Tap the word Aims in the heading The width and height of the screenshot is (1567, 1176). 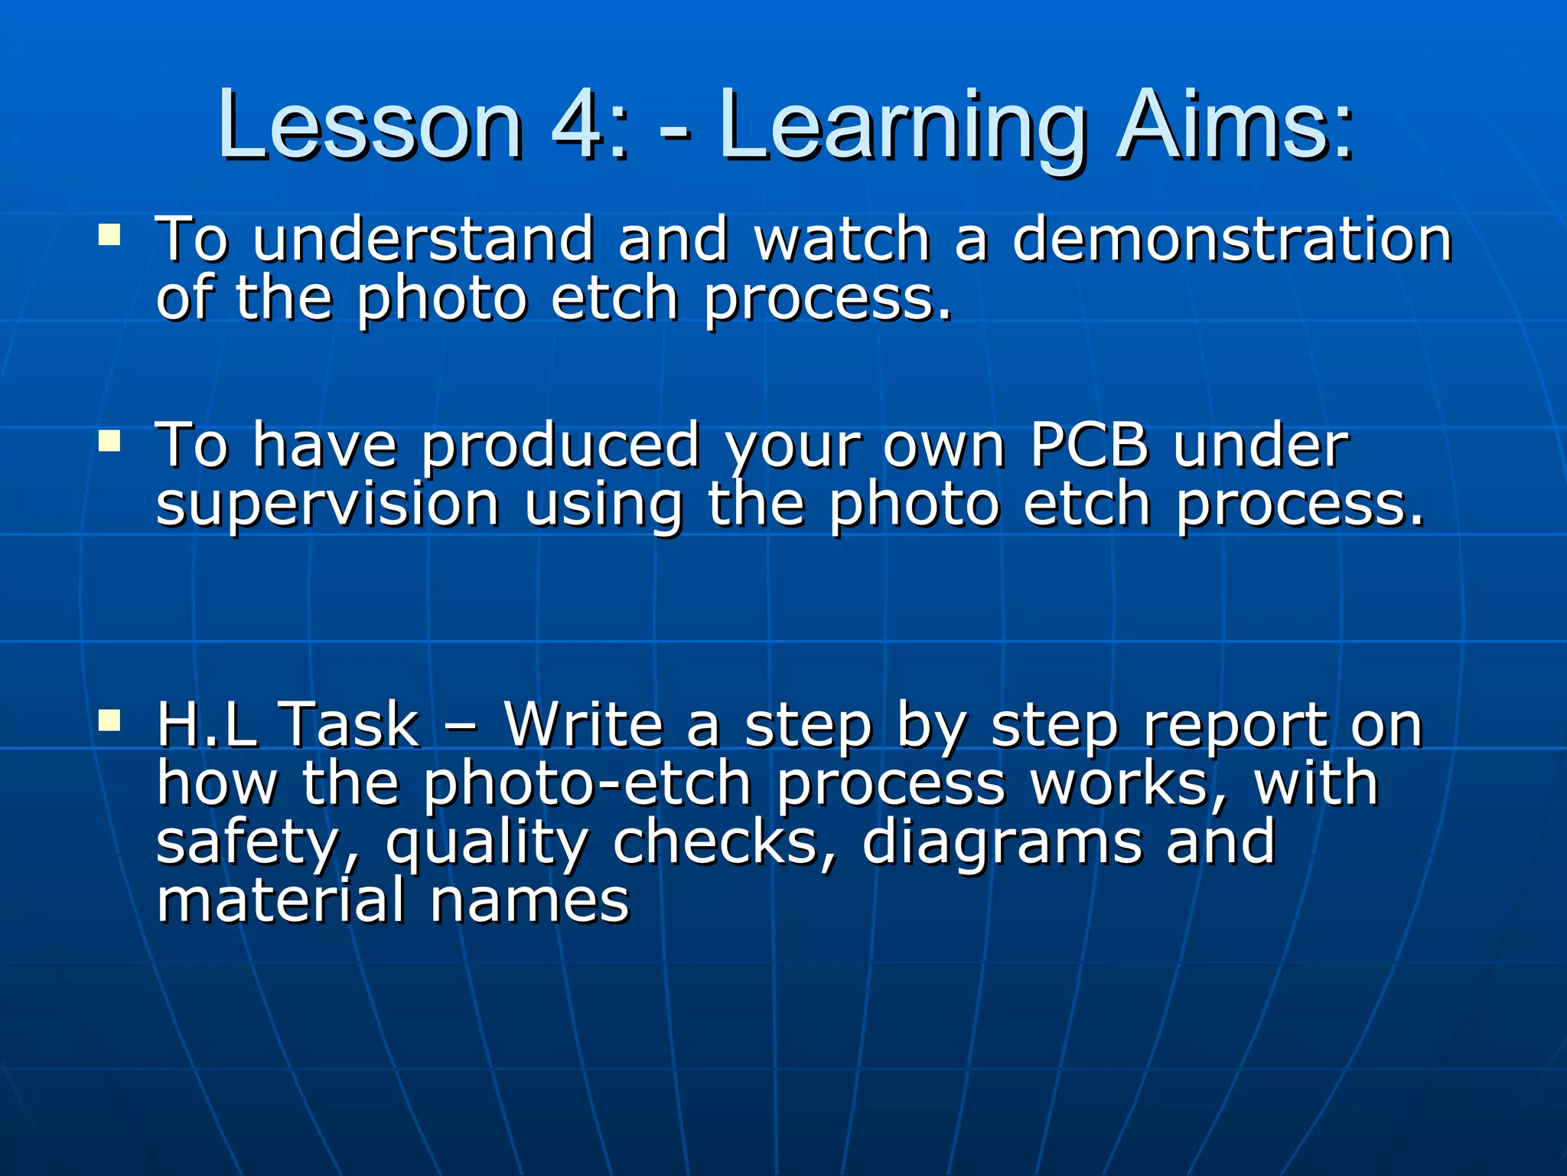click(x=1233, y=124)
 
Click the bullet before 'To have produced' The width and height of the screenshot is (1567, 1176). click(x=109, y=440)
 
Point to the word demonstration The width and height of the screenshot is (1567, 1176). click(x=1232, y=239)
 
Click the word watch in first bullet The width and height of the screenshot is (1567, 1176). click(x=842, y=239)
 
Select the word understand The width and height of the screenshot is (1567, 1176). click(x=422, y=239)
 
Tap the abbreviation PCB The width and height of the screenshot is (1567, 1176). click(x=1089, y=445)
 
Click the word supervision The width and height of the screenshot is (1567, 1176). click(x=327, y=505)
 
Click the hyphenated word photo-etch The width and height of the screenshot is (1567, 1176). click(x=588, y=785)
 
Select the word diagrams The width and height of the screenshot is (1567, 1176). click(x=1002, y=844)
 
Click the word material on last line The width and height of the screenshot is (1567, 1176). click(x=280, y=900)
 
